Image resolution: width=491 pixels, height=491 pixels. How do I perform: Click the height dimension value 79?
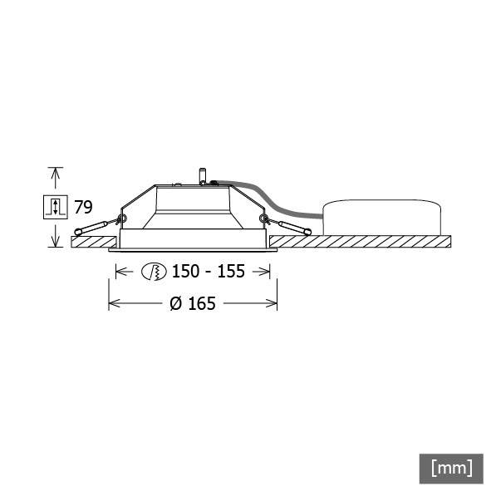pos(83,206)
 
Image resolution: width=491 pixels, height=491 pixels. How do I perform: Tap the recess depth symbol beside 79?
pos(55,206)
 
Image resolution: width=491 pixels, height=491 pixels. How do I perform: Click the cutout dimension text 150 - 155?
pos(208,272)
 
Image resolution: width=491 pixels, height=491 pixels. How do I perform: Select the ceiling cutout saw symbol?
pos(155,272)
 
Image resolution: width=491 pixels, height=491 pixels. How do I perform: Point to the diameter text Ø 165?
pos(193,303)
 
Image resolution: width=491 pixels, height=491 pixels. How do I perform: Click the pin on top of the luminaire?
pos(201,177)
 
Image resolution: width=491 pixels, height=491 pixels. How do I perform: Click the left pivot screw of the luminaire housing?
pos(122,219)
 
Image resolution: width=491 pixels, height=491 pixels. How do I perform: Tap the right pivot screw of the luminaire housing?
pos(263,219)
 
